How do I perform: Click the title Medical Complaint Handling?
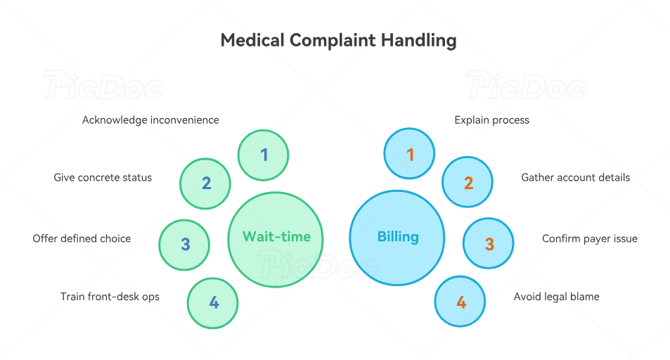(x=338, y=40)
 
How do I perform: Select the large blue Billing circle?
(x=397, y=238)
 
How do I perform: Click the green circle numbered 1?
(x=264, y=155)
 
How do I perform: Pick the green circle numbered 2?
(x=206, y=184)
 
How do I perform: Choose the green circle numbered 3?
(x=185, y=245)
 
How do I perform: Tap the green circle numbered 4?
(x=213, y=303)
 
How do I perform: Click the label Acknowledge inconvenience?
(x=150, y=120)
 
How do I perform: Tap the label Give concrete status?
(x=103, y=178)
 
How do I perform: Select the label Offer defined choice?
(x=82, y=239)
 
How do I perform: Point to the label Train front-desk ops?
(x=110, y=297)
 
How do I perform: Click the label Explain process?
(x=491, y=120)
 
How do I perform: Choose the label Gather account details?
(x=575, y=178)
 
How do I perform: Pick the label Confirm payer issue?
(x=589, y=239)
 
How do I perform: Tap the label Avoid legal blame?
(x=556, y=297)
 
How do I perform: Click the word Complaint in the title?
(x=333, y=40)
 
